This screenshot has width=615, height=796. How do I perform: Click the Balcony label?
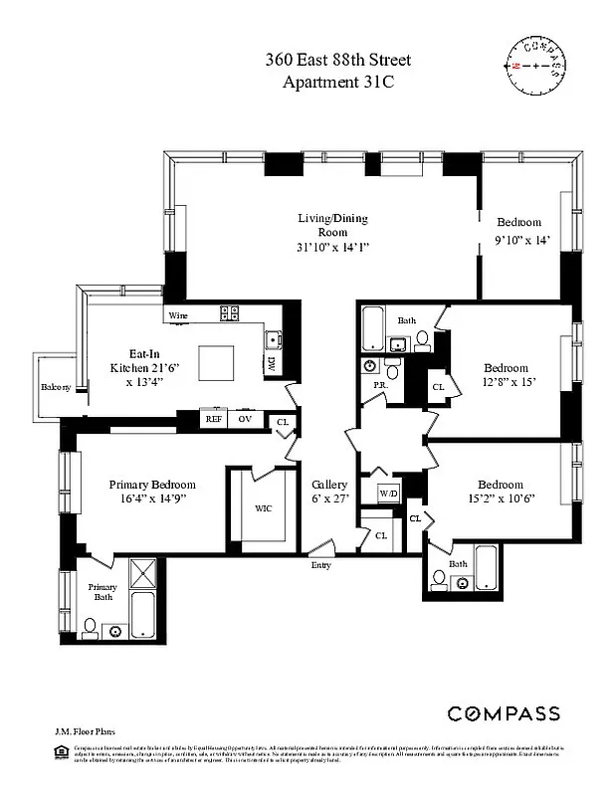click(55, 387)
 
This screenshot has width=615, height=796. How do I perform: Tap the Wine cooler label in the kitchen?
click(178, 315)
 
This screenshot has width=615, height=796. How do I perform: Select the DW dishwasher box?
click(271, 365)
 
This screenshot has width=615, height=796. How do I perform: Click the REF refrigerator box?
click(213, 419)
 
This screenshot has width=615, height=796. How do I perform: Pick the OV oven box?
click(245, 419)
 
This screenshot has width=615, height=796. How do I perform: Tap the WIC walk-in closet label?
click(263, 507)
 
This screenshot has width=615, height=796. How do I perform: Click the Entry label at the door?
click(320, 565)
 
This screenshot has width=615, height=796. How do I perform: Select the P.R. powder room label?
click(379, 384)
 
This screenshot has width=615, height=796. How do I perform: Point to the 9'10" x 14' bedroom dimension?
click(521, 240)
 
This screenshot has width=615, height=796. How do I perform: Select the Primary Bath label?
click(102, 593)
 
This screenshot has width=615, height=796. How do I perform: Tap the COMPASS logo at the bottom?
click(503, 713)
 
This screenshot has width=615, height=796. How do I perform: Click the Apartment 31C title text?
click(338, 82)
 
